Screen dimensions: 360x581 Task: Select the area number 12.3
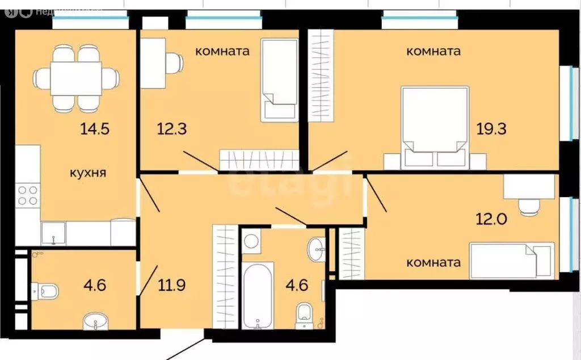(172, 129)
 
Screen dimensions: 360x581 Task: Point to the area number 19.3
(491, 129)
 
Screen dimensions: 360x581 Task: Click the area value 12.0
(491, 217)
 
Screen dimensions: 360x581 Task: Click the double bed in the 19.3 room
(435, 125)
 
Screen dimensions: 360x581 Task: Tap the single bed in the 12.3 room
(279, 79)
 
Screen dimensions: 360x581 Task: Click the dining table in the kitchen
(76, 78)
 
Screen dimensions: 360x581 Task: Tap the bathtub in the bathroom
(258, 295)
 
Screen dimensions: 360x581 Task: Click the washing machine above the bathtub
(251, 241)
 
